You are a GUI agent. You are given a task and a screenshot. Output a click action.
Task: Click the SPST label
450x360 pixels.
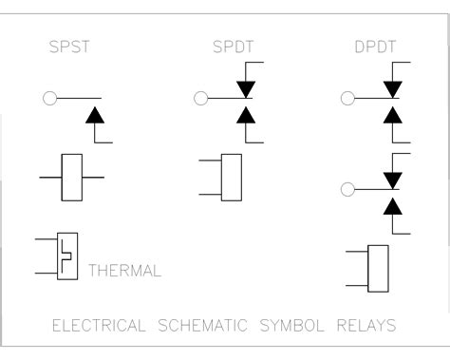(x=68, y=48)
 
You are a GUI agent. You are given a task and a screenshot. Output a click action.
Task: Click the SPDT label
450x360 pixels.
(x=227, y=48)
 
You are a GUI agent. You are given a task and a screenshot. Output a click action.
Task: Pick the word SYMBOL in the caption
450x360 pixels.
(x=304, y=325)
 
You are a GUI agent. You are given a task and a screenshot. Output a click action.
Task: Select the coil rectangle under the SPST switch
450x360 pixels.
(x=72, y=177)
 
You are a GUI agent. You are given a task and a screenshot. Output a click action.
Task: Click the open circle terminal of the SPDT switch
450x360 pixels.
(x=199, y=96)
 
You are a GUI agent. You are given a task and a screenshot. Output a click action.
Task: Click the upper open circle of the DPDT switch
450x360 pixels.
(x=347, y=96)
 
